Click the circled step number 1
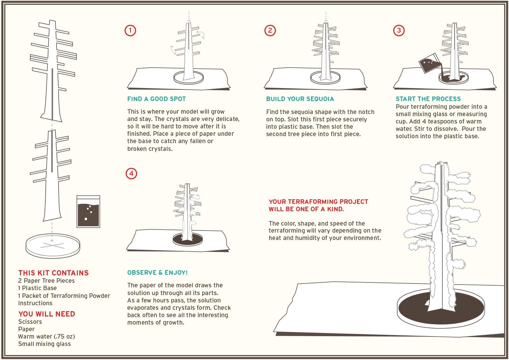(130, 31)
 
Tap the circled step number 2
(270, 31)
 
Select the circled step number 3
(399, 31)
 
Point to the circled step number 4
(131, 173)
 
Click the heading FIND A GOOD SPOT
(157, 99)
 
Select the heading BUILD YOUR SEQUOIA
(300, 99)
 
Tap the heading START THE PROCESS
(428, 99)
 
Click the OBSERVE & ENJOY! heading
(157, 273)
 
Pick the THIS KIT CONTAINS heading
(53, 273)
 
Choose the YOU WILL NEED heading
(47, 314)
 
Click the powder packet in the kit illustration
(88, 211)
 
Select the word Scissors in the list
(30, 322)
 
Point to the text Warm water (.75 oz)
(46, 336)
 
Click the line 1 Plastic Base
(37, 288)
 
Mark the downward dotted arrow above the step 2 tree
(326, 16)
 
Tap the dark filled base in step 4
(188, 240)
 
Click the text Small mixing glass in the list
(44, 344)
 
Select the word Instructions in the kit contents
(35, 303)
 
